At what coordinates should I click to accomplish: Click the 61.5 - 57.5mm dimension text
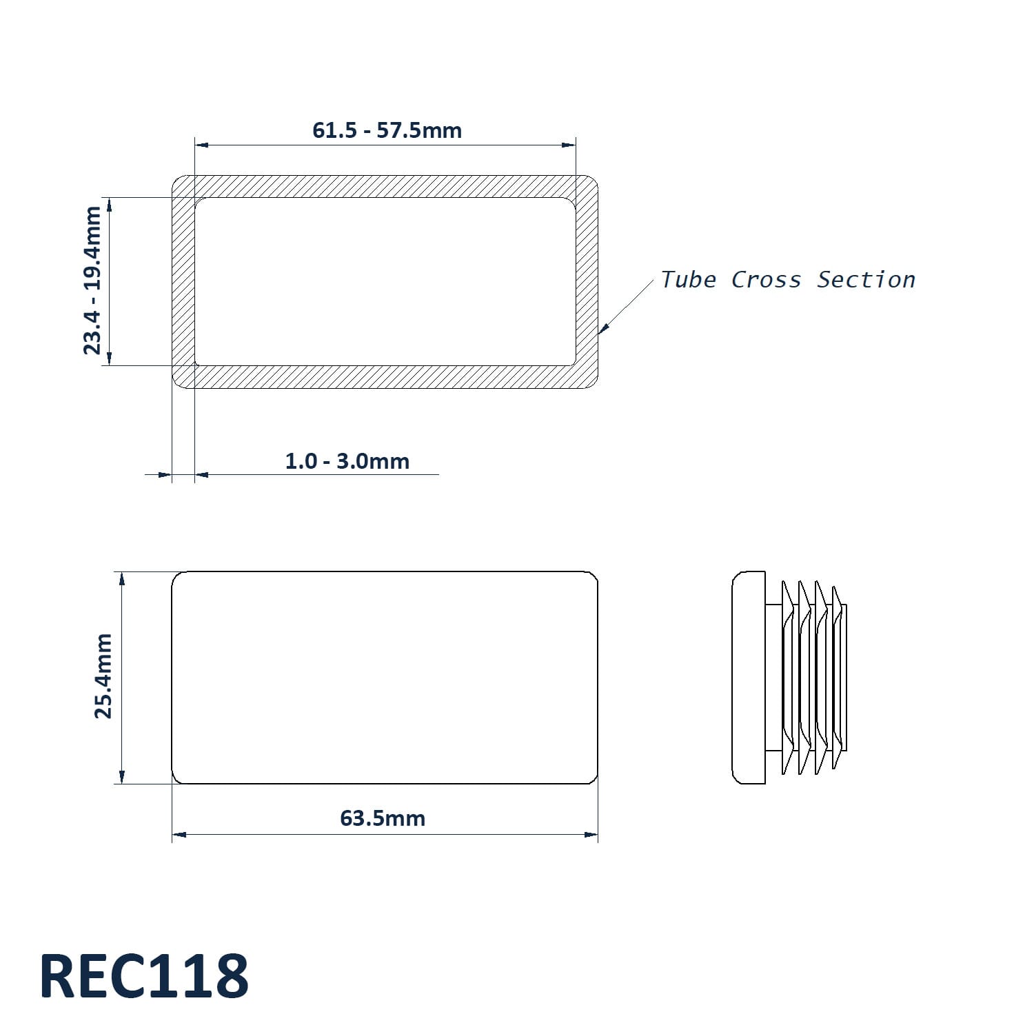(x=387, y=130)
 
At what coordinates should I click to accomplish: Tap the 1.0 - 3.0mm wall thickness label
(x=347, y=460)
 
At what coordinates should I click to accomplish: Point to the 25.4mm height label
(x=103, y=676)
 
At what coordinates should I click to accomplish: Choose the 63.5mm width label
(x=383, y=818)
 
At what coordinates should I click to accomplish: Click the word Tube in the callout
(x=689, y=279)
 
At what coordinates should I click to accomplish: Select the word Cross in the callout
(x=767, y=279)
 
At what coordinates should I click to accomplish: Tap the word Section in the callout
(x=866, y=279)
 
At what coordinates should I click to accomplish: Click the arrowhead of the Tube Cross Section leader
(x=602, y=330)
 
